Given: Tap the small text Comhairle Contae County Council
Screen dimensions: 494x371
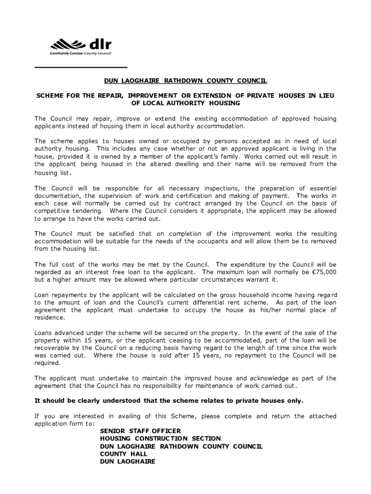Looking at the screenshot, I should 80,54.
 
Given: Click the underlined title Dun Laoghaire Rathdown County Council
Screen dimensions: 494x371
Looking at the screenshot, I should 185,81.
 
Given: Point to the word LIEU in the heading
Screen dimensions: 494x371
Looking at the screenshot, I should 325,96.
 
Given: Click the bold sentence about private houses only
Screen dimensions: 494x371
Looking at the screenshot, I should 169,401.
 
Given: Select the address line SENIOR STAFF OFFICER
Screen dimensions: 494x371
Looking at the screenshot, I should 140,431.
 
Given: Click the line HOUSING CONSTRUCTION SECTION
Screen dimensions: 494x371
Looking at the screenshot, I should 160,439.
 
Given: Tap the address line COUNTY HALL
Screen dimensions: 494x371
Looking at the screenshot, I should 123,454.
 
